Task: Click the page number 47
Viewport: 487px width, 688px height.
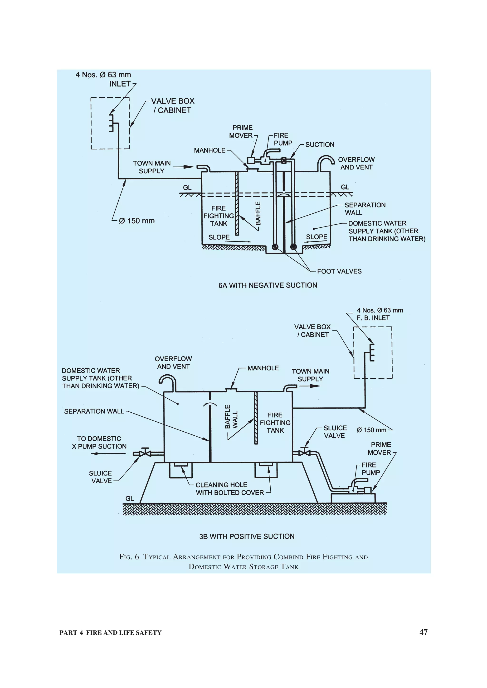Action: click(x=423, y=632)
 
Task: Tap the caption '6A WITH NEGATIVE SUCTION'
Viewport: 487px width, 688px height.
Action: click(x=268, y=285)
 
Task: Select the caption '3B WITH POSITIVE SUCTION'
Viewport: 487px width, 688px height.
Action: click(x=247, y=536)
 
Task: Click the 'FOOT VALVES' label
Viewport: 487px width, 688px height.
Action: click(x=339, y=271)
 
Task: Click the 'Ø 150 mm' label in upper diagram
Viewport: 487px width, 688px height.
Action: click(x=137, y=221)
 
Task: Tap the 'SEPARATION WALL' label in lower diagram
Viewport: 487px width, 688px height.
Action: click(x=94, y=411)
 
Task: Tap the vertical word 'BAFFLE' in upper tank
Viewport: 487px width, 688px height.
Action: click(x=258, y=213)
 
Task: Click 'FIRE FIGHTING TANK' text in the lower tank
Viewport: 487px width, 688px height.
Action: click(x=275, y=423)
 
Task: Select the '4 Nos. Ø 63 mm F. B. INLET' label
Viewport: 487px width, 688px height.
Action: click(x=380, y=314)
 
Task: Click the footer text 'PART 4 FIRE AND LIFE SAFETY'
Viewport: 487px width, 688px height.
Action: click(x=110, y=632)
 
